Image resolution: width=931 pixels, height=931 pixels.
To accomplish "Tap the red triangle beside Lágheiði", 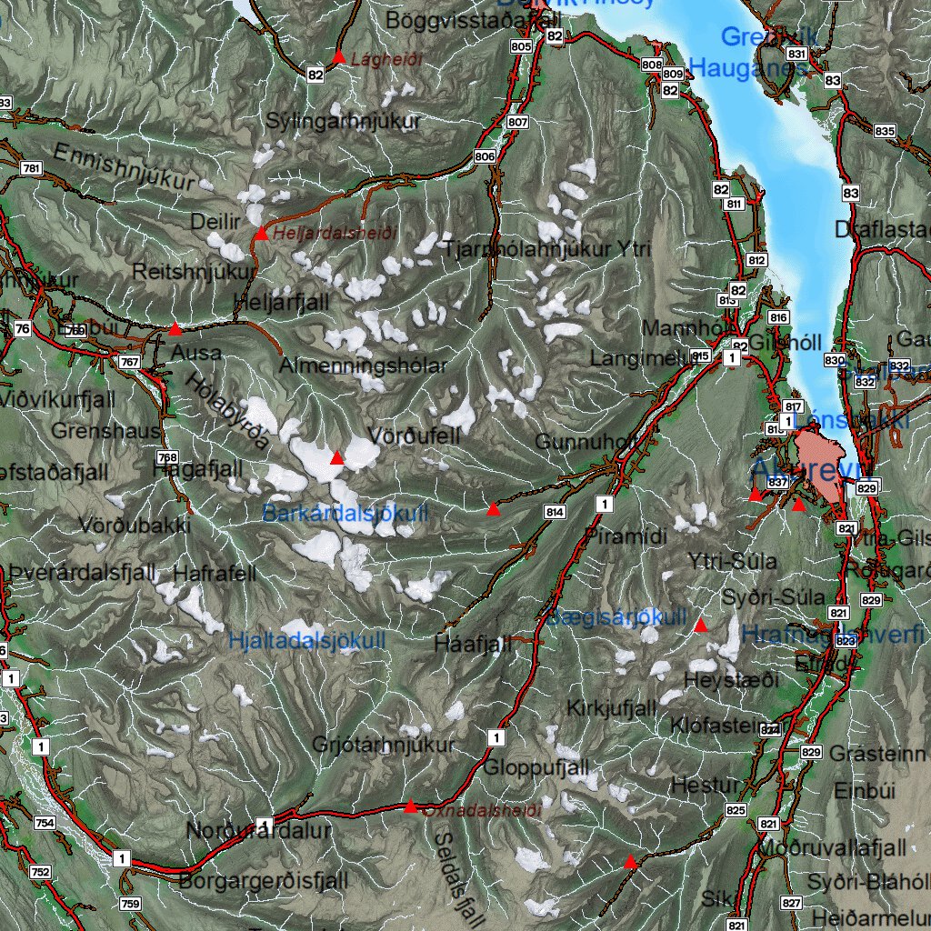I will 338,58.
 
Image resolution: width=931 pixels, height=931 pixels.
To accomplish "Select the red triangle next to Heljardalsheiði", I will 261,234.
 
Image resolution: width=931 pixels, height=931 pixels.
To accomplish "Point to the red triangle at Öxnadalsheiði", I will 410,806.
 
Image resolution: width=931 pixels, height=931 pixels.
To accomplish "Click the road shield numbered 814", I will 555,513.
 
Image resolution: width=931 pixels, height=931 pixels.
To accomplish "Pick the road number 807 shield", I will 517,122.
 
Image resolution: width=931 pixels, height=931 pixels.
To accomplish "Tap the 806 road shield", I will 485,156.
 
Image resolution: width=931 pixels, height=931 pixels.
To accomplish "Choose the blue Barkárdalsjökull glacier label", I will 345,514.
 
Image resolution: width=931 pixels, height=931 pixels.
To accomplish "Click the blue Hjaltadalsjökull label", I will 307,641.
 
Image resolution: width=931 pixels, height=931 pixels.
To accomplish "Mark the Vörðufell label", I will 414,435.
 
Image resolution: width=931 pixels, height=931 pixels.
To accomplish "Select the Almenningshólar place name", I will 363,366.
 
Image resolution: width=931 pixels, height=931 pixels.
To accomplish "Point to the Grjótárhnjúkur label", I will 383,746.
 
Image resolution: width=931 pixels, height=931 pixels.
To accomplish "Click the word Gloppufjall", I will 536,768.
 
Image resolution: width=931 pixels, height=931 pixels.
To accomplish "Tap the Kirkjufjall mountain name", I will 611,708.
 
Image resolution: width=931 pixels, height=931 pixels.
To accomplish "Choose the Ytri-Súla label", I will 733,561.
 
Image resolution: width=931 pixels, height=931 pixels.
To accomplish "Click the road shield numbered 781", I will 32,168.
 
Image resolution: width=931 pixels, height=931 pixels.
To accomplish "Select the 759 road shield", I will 130,904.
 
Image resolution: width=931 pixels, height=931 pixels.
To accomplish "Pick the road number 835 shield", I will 885,131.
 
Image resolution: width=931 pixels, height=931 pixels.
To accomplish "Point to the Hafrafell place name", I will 215,574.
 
